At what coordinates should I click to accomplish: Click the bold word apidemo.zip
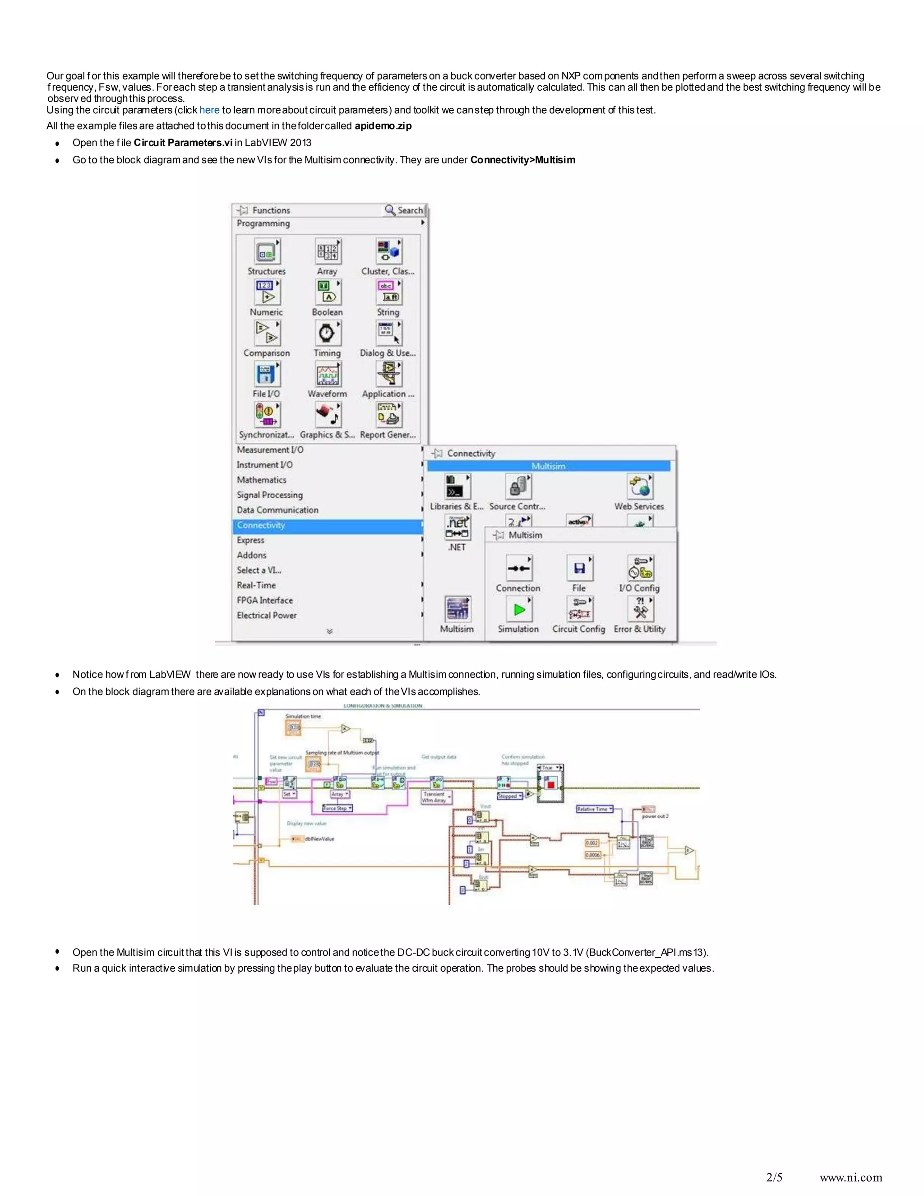pyautogui.click(x=383, y=126)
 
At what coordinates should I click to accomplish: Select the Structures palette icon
pyautogui.click(x=267, y=252)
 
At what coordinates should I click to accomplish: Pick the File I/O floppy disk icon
pyautogui.click(x=267, y=375)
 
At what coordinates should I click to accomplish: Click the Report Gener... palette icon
pyautogui.click(x=388, y=416)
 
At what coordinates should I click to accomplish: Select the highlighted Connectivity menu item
pyautogui.click(x=261, y=525)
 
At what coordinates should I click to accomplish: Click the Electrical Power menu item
pyautogui.click(x=267, y=616)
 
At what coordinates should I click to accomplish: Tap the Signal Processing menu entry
pyautogui.click(x=269, y=495)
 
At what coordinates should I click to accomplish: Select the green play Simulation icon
pyautogui.click(x=518, y=609)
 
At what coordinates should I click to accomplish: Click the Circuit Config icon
pyautogui.click(x=579, y=609)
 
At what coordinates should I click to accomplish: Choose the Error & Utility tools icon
pyautogui.click(x=640, y=609)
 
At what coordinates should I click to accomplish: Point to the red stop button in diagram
pyautogui.click(x=551, y=785)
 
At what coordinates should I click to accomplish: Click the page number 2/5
pyautogui.click(x=774, y=1177)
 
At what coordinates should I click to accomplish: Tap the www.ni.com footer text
pyautogui.click(x=850, y=1177)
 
